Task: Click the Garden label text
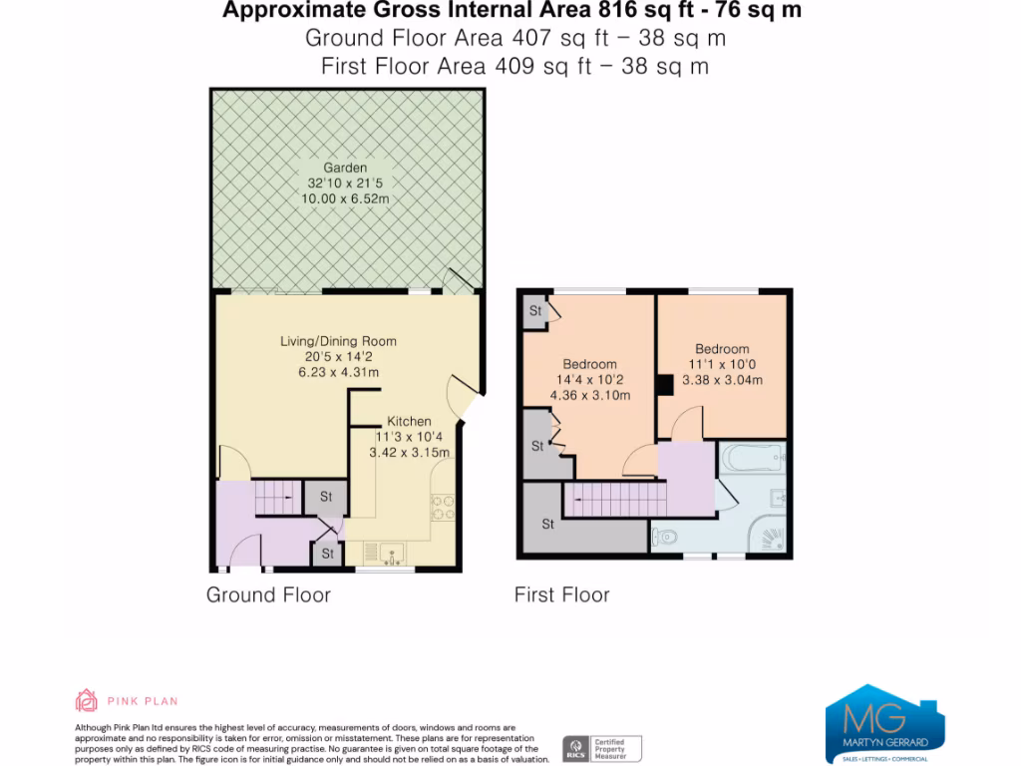(344, 169)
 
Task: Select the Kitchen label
(409, 422)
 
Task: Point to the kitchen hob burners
(442, 508)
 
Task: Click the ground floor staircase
(275, 497)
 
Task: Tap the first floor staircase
(613, 498)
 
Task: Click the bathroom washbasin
(781, 498)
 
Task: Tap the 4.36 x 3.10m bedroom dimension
(589, 396)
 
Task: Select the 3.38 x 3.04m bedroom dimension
(722, 380)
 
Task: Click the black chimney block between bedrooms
(663, 385)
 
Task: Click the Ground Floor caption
(268, 595)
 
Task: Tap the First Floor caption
(561, 595)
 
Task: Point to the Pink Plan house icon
(88, 700)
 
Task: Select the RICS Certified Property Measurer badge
(602, 748)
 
